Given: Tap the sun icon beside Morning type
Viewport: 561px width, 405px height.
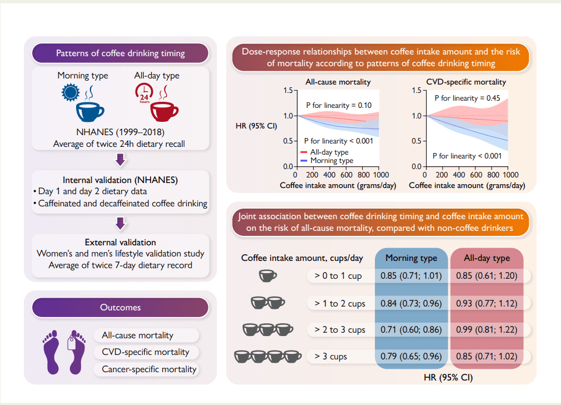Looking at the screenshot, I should [x=71, y=92].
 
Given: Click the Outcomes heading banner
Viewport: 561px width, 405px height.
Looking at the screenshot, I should [x=120, y=307].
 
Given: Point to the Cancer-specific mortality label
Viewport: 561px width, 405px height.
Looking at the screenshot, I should [x=149, y=369].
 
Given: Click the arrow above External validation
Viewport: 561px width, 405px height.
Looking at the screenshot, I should [x=121, y=224].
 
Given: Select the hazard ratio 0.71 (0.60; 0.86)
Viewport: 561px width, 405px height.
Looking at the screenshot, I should [x=411, y=329].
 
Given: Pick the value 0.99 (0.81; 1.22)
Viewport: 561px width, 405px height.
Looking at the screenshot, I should [x=486, y=329].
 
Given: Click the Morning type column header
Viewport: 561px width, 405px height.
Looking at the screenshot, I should [x=411, y=258].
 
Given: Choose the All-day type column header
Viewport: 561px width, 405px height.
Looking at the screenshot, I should [x=487, y=258].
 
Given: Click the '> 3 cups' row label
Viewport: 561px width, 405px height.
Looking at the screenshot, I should [x=331, y=356].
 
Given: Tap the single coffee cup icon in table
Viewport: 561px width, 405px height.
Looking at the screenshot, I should [x=268, y=275].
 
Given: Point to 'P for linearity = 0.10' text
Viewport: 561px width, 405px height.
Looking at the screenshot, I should [x=339, y=105].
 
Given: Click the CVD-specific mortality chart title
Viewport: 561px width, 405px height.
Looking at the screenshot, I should [x=466, y=82].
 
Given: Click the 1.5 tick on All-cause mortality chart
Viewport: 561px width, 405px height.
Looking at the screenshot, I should [x=288, y=90].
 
